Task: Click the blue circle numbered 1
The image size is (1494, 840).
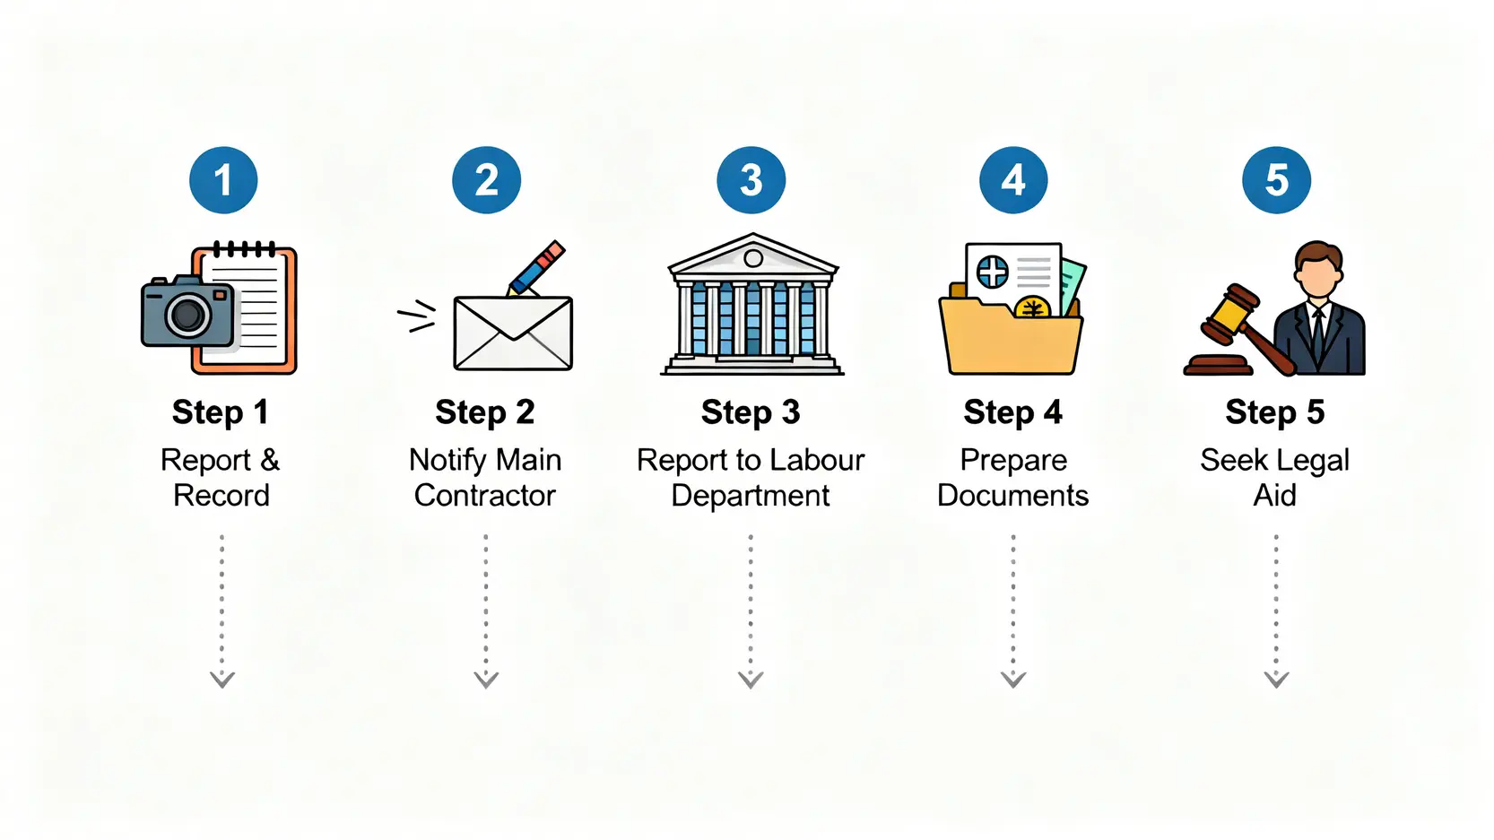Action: (x=223, y=180)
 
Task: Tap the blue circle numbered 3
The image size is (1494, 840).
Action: (x=751, y=180)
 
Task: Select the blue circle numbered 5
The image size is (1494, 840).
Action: (x=1276, y=180)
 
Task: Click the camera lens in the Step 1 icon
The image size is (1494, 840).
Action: (x=188, y=314)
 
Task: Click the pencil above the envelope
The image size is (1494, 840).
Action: (x=537, y=267)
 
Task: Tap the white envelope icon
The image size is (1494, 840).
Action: (x=513, y=333)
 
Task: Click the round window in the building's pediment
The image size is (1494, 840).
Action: (x=753, y=259)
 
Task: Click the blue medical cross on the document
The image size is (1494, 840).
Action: (x=993, y=271)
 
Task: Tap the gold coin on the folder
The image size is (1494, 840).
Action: (x=1033, y=308)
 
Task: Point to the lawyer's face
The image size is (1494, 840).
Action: (x=1317, y=273)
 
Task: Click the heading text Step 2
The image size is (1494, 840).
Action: (x=485, y=412)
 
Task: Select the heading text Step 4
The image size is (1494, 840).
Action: (x=1012, y=412)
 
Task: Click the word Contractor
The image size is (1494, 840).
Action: (x=485, y=496)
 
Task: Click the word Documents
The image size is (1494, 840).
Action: (x=1012, y=496)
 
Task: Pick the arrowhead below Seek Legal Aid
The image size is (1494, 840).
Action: (x=1276, y=680)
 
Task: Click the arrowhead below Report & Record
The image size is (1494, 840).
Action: (x=222, y=680)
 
